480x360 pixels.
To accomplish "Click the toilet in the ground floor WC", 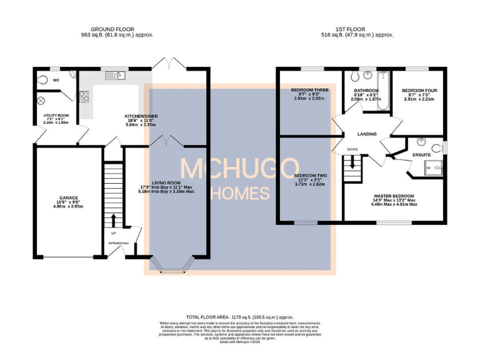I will pos(42,80).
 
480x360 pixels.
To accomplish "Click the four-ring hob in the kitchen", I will pos(84,96).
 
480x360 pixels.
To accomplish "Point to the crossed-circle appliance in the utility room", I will pos(42,101).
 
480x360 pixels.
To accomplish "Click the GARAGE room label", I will pos(68,197).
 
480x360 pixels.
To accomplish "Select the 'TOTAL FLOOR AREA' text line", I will pos(240,317).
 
